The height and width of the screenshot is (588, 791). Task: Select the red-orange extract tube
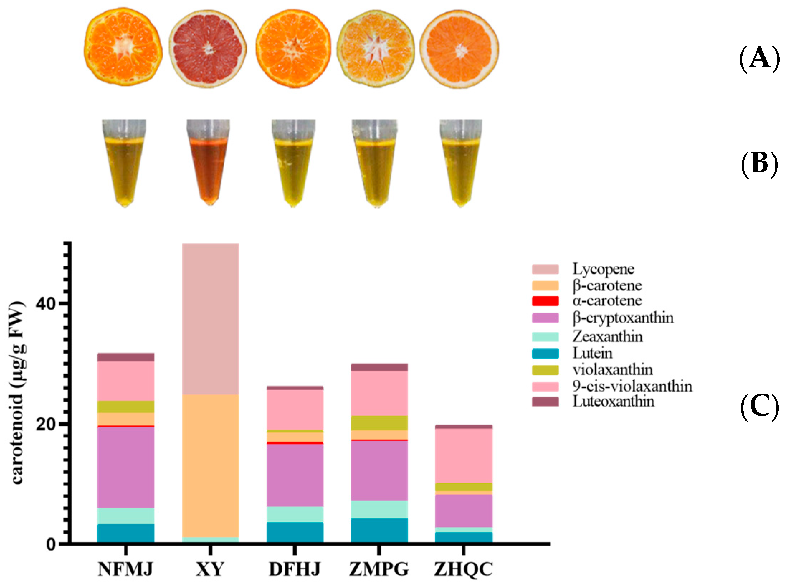pyautogui.click(x=209, y=165)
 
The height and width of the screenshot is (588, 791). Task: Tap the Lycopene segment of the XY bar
pyautogui.click(x=210, y=319)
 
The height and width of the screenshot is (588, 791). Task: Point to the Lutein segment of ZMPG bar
pyautogui.click(x=379, y=531)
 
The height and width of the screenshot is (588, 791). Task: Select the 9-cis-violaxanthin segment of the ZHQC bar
pyautogui.click(x=463, y=456)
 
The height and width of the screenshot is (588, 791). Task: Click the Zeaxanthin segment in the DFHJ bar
pyautogui.click(x=295, y=514)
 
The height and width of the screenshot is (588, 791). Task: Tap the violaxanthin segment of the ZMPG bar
pyautogui.click(x=379, y=423)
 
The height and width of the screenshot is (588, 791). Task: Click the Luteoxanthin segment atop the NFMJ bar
pyautogui.click(x=126, y=357)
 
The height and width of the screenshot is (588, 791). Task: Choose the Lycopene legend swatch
pyautogui.click(x=545, y=269)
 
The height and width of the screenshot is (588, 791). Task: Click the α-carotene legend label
pyautogui.click(x=607, y=301)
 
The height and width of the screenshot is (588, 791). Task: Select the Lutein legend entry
pyautogui.click(x=592, y=354)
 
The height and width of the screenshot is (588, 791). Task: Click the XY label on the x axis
pyautogui.click(x=210, y=569)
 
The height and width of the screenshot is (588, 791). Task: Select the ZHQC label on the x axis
pyautogui.click(x=463, y=569)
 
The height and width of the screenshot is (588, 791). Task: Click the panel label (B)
pyautogui.click(x=759, y=165)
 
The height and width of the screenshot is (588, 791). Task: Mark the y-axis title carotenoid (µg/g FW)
pyautogui.click(x=18, y=393)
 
